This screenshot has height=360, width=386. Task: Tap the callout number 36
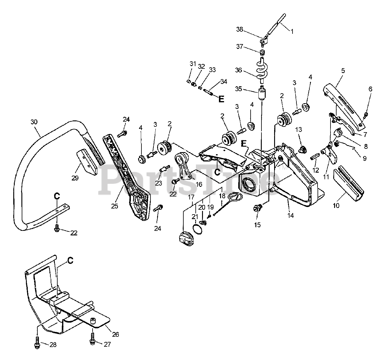pos(239,70)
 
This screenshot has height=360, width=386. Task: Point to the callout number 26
pos(115,334)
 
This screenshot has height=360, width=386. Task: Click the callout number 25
pos(115,206)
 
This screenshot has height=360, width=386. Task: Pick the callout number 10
pos(336,205)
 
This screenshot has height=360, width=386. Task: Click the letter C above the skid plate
pos(70,260)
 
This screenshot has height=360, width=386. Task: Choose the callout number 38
pos(239,29)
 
